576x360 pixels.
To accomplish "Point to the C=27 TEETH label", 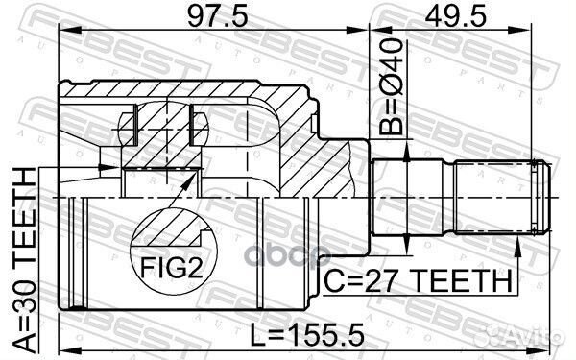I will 414,279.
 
